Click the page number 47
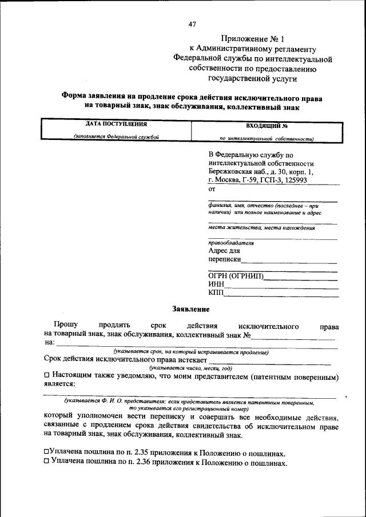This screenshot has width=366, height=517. click(192, 24)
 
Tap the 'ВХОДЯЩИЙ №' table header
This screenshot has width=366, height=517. click(266, 125)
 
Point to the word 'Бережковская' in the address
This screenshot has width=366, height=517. click(232, 171)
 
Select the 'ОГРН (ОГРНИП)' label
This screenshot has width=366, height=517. click(236, 277)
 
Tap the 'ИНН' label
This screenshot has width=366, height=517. click(216, 285)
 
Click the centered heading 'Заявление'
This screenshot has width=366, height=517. click(191, 309)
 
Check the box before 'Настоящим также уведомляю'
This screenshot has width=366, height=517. click(47, 376)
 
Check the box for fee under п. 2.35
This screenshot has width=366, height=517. click(46, 451)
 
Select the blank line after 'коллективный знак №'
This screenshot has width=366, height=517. click(293, 336)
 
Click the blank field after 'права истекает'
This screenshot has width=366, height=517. click(269, 361)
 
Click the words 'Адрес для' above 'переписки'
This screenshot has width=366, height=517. click(224, 250)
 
